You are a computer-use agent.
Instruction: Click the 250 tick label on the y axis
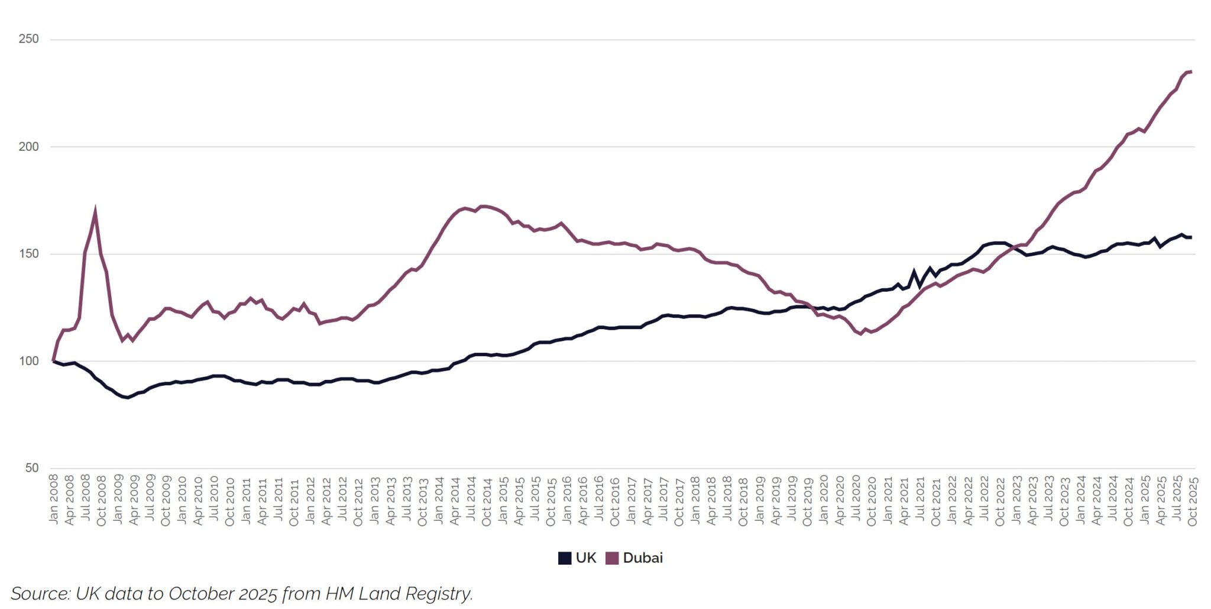[28, 39]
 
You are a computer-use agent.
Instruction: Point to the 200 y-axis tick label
[28, 147]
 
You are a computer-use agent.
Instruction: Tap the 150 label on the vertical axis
[28, 254]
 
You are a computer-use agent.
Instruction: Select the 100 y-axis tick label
[28, 361]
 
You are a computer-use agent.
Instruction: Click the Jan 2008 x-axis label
[54, 499]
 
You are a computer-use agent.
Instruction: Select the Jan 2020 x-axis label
[824, 499]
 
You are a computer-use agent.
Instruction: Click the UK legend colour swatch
[565, 558]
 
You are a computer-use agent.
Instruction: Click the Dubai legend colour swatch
[612, 558]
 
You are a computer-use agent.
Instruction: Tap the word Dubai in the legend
[643, 558]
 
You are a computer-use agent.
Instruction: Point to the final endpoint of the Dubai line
[1191, 72]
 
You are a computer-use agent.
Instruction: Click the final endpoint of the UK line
[1191, 237]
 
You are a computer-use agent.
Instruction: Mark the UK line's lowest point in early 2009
[127, 397]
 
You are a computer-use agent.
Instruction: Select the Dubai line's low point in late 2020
[861, 334]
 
